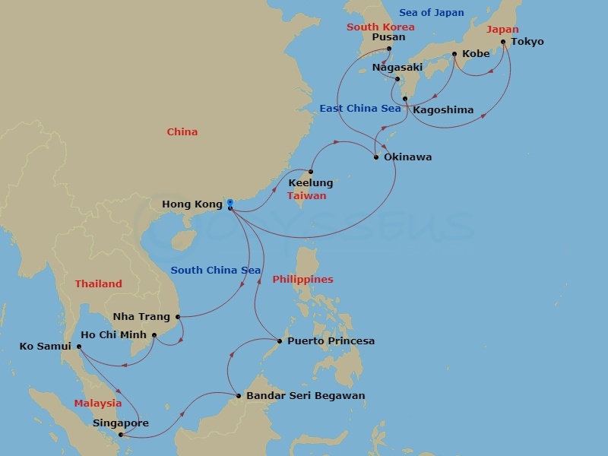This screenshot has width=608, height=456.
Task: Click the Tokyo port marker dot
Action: (x=503, y=43)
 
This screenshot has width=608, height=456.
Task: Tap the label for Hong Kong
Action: (x=192, y=204)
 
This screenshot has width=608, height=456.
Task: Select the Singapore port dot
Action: (x=121, y=435)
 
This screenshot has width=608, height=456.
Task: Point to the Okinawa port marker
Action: (x=376, y=157)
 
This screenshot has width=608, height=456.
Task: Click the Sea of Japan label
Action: (x=432, y=12)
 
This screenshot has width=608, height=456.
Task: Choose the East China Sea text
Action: (x=359, y=109)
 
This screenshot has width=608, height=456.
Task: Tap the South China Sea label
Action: (x=216, y=271)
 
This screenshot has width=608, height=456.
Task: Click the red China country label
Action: (x=182, y=132)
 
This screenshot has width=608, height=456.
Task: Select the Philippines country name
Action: (x=302, y=280)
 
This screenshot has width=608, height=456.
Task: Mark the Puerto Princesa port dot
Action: (x=280, y=341)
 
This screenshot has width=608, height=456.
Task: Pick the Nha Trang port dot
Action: (x=178, y=317)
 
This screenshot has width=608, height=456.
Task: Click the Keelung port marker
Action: (x=310, y=172)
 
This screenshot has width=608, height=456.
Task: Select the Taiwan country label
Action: (x=306, y=196)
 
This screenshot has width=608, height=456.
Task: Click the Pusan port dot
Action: (x=388, y=49)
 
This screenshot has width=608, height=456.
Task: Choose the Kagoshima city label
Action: (x=443, y=110)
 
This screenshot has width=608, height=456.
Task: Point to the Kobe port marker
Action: (x=454, y=54)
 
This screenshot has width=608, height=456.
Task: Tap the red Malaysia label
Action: (x=97, y=404)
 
